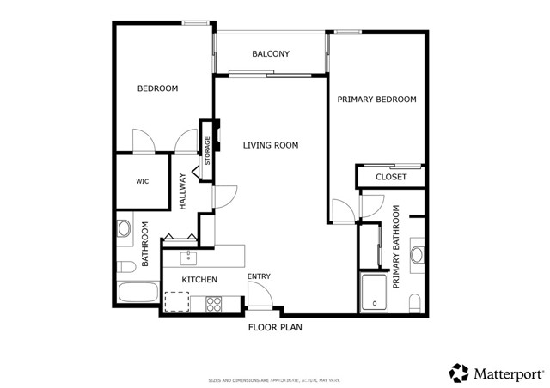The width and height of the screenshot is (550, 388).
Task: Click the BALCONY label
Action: click(x=270, y=54)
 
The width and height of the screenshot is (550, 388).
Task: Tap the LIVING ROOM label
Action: click(x=270, y=146)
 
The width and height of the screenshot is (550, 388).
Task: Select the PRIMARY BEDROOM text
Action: click(x=376, y=100)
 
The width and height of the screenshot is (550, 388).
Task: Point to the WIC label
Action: click(x=143, y=182)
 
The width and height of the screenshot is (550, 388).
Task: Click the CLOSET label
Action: click(x=391, y=177)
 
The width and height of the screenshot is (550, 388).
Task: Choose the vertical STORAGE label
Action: click(x=207, y=151)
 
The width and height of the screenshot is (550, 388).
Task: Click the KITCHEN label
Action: click(x=199, y=280)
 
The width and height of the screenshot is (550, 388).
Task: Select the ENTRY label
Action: click(x=259, y=276)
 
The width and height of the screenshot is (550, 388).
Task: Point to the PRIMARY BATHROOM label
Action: click(x=397, y=246)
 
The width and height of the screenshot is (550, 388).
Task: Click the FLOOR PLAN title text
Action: click(x=275, y=327)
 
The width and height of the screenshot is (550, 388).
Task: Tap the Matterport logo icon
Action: click(x=459, y=373)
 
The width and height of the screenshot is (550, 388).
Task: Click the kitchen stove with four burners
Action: click(x=212, y=303)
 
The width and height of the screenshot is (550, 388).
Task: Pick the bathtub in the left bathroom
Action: click(x=137, y=292)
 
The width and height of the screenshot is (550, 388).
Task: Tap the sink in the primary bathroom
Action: click(x=417, y=254)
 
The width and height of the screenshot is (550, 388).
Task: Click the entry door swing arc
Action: click(x=262, y=295)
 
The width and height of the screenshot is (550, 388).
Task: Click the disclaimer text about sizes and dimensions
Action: click(x=275, y=379)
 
